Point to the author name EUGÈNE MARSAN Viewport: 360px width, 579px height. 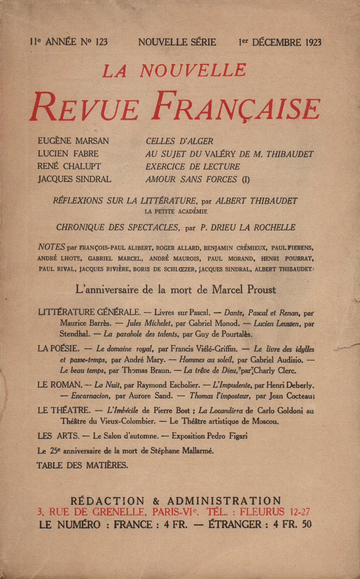click(73, 141)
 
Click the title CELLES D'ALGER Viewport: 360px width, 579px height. click(179, 141)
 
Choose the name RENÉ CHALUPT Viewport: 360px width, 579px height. click(69, 166)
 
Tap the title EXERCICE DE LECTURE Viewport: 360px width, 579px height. click(193, 167)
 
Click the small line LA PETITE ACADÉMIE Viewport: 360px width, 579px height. click(176, 212)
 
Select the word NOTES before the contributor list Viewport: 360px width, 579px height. click(51, 247)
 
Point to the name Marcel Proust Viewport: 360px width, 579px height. click(244, 289)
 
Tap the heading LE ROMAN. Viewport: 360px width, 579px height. click(59, 385)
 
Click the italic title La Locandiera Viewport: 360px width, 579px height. click(221, 410)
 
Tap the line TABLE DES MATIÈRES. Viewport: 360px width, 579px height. click(82, 465)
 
